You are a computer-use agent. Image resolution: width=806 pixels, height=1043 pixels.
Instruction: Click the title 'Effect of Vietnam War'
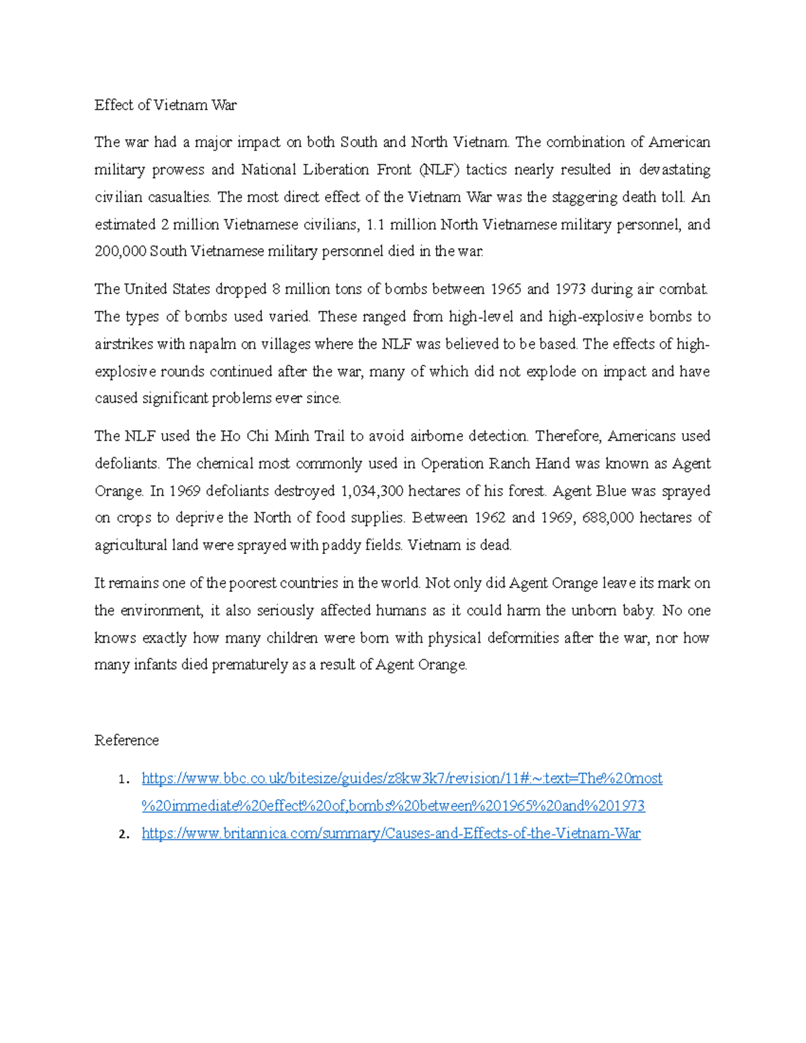coord(165,105)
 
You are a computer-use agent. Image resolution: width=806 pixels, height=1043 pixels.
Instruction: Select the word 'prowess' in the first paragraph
coord(177,170)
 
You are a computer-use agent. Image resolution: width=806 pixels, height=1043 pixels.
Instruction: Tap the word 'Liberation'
coord(335,170)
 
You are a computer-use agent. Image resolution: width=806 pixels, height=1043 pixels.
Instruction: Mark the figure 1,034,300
coord(372,491)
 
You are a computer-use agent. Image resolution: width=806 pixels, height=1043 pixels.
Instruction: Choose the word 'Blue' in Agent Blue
coord(611,491)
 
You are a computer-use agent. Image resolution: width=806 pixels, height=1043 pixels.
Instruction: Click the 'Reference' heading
coord(126,740)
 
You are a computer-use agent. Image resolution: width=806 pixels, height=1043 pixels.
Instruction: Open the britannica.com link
coord(391,833)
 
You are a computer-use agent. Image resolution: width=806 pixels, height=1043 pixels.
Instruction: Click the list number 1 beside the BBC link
coord(122,780)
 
